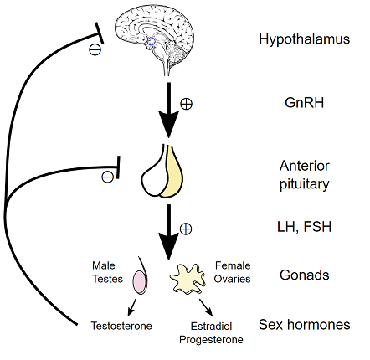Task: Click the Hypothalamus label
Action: point(304,39)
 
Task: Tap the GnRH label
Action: point(305,103)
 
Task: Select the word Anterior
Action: point(305,166)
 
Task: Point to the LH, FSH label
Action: point(304,227)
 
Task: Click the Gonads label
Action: point(305,275)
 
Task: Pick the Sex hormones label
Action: point(304,325)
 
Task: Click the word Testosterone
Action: point(121,326)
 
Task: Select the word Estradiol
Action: point(211,326)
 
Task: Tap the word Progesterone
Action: point(211,340)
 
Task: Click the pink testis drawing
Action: point(139,282)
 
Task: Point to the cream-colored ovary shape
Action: point(188,279)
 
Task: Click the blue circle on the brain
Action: point(151,41)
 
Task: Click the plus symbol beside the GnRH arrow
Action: point(186,104)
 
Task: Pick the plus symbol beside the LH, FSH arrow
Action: point(186,229)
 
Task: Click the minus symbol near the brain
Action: point(95,49)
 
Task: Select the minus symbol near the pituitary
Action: point(107,177)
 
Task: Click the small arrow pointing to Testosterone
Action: point(131,307)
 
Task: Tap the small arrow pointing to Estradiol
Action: point(206,307)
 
